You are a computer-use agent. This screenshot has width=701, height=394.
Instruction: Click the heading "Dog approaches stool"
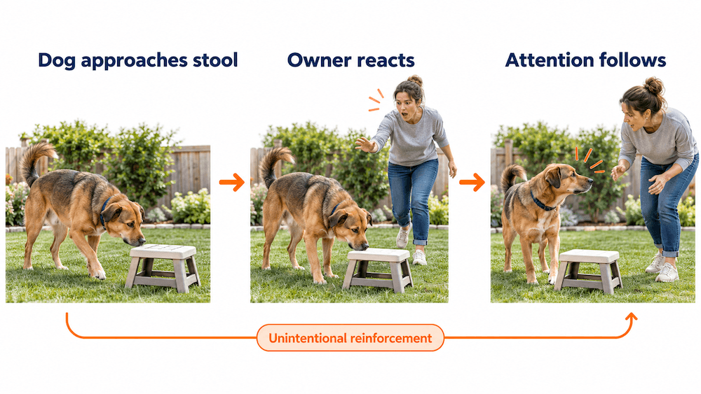pos(137,61)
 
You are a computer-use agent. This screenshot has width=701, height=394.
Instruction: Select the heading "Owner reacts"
pos(351,59)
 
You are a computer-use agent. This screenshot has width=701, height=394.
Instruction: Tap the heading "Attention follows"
pos(585,59)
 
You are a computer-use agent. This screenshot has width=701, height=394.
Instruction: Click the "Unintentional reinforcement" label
pos(350,338)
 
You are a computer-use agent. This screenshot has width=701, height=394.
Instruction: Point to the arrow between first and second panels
pos(231,182)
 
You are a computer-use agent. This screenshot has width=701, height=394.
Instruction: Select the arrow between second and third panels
pos(472,182)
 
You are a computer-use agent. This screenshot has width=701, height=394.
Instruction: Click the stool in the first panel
pos(163,267)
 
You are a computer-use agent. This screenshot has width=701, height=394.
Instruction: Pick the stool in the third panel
pos(588,271)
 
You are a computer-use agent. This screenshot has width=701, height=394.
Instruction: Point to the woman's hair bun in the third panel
pos(653,85)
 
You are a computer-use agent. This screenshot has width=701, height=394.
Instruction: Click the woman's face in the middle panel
pos(404,105)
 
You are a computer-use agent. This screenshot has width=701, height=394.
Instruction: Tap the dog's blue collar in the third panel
pos(541,202)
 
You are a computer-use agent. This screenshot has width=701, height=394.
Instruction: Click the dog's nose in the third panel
pos(590,182)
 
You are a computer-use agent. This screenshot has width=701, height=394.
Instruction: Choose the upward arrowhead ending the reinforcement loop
pos(631,318)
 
